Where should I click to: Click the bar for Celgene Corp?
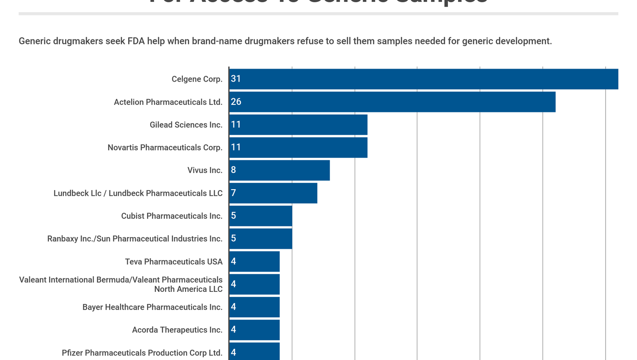tap(424, 79)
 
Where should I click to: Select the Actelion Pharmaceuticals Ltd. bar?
tap(392, 102)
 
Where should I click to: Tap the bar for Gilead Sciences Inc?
tap(298, 125)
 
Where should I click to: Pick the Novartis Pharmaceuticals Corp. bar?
tap(298, 147)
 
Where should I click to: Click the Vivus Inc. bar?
tap(279, 170)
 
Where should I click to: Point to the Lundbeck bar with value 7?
tap(273, 193)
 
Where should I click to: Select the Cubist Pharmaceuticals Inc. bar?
tap(260, 216)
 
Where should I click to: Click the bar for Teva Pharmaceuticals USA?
tap(254, 261)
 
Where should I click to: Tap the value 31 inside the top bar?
tap(236, 79)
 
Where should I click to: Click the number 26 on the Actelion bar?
tap(236, 102)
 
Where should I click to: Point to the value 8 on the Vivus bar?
tap(233, 170)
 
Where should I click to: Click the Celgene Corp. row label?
tap(197, 79)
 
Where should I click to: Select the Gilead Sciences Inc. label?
tap(186, 125)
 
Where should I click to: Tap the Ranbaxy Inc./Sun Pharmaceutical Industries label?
tap(134, 239)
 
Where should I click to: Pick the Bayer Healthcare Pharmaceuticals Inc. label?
tap(152, 307)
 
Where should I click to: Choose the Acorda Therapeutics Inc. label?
tap(177, 330)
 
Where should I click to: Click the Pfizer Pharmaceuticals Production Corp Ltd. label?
tap(142, 353)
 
